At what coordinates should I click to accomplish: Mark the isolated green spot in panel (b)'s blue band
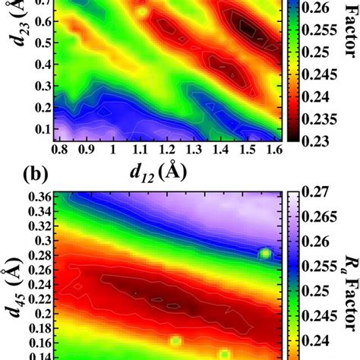click(265, 254)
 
